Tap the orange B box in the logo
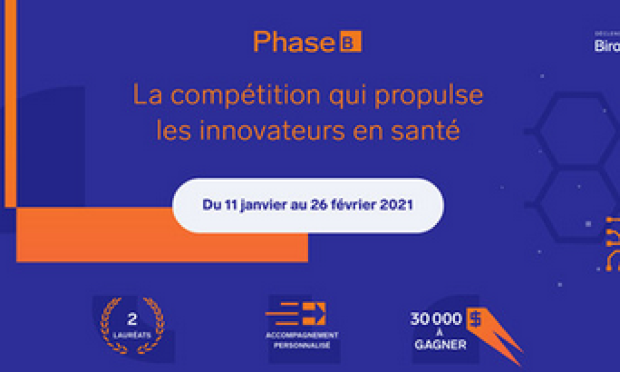pos(350,42)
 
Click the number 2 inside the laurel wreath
pos(132,320)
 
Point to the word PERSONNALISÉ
pos(303,345)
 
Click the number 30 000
pos(436,319)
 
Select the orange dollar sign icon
pos(475,319)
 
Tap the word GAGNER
pos(440,345)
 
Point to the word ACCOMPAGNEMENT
pos(303,335)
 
